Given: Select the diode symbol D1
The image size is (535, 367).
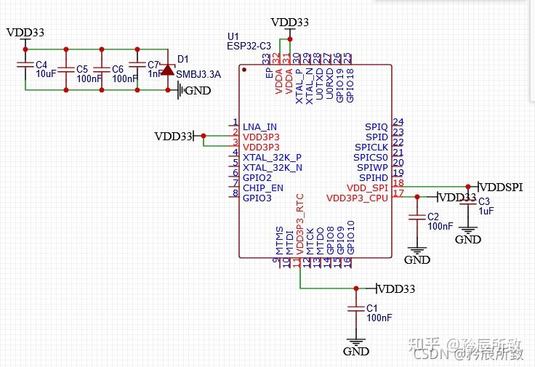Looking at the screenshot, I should click(168, 70).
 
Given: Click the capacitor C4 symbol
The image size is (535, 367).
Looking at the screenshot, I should click(25, 70).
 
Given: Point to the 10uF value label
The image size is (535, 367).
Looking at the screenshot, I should click(46, 74).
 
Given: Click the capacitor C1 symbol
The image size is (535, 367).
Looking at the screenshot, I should click(355, 309).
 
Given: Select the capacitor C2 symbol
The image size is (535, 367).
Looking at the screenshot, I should click(417, 217).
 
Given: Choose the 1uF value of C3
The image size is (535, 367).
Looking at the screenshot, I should click(486, 211).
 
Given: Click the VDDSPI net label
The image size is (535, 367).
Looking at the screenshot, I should click(502, 187).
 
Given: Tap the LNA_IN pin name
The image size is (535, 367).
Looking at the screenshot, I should click(260, 126).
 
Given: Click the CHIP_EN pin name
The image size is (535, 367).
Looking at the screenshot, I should click(262, 187).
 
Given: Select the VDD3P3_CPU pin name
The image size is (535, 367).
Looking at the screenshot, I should click(357, 198).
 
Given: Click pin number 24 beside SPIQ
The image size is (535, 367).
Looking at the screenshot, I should click(398, 122).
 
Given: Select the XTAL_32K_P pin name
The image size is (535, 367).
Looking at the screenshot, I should click(272, 157).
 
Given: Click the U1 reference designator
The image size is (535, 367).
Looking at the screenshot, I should click(233, 36).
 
